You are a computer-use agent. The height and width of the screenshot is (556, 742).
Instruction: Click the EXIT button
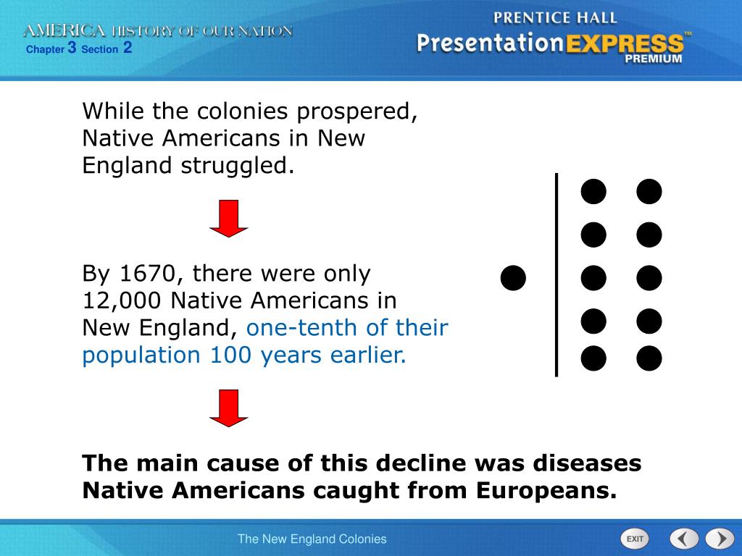point(635,539)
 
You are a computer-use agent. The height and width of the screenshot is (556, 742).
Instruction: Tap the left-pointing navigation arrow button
point(683,539)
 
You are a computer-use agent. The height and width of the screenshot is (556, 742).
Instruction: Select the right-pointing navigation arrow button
point(720,539)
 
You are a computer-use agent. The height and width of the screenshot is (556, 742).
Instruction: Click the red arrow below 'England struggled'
point(229,219)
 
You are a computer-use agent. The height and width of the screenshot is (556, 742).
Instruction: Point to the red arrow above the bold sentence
point(229,408)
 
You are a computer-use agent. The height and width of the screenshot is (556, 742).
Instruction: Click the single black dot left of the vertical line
point(513,277)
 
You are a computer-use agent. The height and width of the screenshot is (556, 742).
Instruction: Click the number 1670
point(147,274)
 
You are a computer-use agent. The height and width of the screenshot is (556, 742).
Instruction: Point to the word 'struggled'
point(238,166)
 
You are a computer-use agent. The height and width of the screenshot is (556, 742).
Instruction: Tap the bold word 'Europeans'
point(546,490)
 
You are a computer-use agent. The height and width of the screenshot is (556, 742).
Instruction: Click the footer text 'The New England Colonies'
point(312,539)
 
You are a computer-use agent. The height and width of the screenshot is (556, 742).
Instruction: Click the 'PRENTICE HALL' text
point(555,18)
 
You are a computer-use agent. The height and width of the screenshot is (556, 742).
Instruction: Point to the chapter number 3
point(72,48)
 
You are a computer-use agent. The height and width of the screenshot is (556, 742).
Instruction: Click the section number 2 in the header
point(128,48)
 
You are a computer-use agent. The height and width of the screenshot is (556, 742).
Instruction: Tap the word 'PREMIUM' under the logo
point(654,59)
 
